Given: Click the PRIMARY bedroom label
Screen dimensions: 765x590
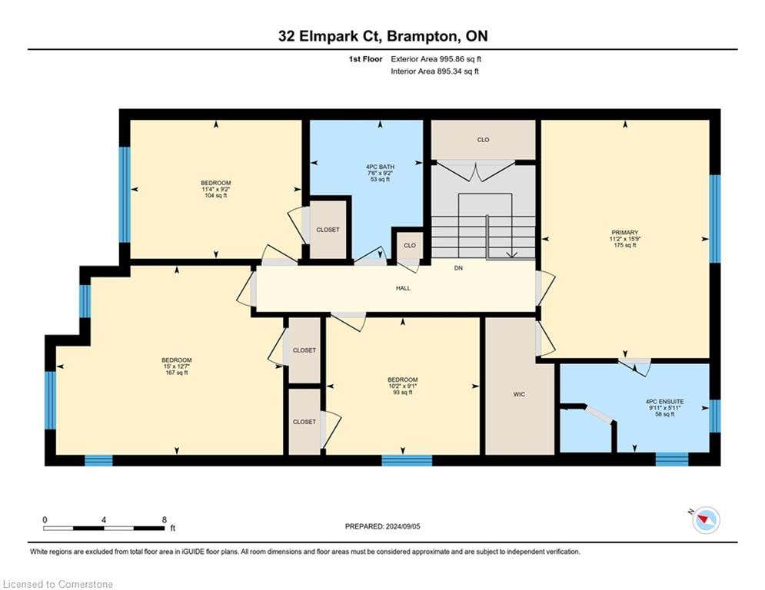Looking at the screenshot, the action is click(624, 233).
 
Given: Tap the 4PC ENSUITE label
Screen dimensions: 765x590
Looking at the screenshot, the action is click(664, 402).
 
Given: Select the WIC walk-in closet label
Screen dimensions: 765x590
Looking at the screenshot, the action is click(519, 394).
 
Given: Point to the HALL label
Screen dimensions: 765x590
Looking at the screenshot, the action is click(403, 288).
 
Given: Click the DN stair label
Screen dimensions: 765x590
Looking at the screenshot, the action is click(458, 268).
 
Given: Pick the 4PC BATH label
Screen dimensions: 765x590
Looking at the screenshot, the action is click(380, 167).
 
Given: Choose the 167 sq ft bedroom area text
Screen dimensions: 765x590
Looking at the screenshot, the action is click(177, 373).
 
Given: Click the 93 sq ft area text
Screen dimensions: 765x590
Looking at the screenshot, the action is click(403, 392).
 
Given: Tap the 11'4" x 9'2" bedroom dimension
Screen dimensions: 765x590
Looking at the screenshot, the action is click(215, 189).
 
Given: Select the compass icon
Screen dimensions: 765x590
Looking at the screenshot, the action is click(706, 520).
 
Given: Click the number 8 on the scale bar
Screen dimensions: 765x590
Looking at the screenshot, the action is click(165, 520).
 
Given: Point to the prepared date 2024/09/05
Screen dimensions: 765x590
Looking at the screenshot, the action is click(403, 526).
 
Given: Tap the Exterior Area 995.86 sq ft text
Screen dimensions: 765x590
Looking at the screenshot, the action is click(436, 59).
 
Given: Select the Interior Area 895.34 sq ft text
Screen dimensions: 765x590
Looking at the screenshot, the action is click(434, 71).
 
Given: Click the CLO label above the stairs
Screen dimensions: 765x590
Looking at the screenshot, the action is click(483, 140).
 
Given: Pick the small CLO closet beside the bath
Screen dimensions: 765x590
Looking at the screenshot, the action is click(410, 245).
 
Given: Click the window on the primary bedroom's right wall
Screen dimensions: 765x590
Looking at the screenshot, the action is click(715, 219).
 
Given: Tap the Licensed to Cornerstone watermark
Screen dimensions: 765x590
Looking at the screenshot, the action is click(58, 584).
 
